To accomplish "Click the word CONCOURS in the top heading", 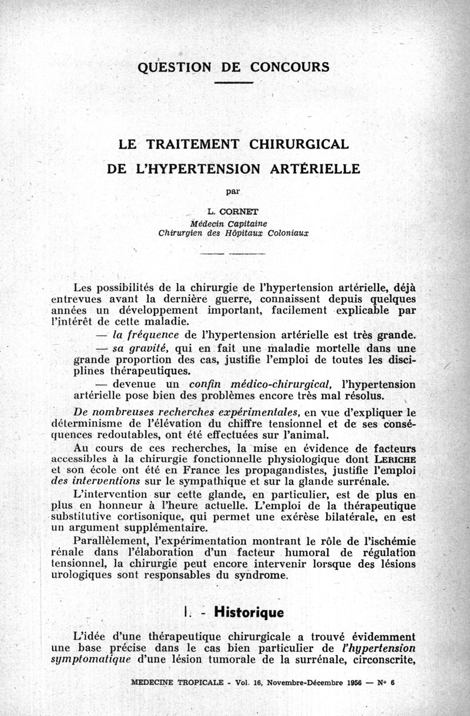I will pos(290,66).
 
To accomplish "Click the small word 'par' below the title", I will pos(234,190).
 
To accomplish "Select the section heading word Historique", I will pos(249,613).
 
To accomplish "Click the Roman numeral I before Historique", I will pos(186,613).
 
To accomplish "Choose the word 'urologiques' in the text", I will pos(80,575).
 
